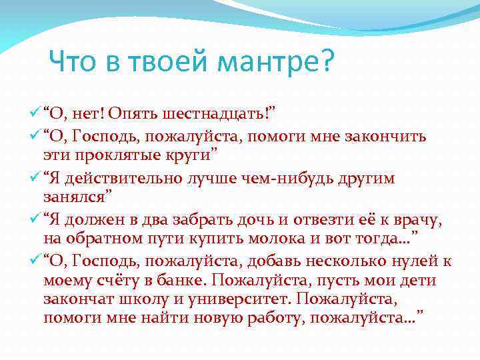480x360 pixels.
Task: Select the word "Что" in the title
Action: pyautogui.click(x=75, y=64)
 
